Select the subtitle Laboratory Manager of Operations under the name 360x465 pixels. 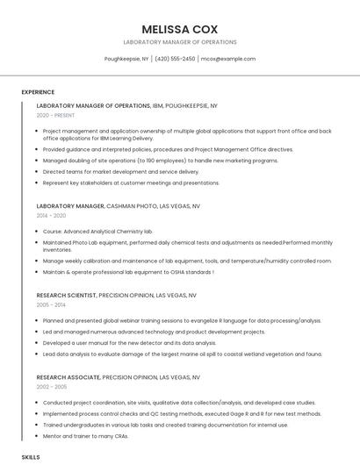click(179, 42)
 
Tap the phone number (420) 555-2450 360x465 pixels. click(175, 59)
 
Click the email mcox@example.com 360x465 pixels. click(227, 59)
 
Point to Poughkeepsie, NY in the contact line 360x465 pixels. click(126, 59)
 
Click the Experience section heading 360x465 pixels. click(38, 92)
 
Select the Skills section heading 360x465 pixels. click(31, 457)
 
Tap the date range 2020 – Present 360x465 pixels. click(56, 115)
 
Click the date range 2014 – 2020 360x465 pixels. click(51, 215)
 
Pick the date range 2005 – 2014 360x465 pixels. click(51, 305)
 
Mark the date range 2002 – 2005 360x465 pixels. click(51, 386)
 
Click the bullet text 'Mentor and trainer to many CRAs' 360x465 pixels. click(87, 434)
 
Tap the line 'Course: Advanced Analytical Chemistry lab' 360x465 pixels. click(97, 231)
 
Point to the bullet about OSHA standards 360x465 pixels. click(128, 272)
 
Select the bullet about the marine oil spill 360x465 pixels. click(182, 354)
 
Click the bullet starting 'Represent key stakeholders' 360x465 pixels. click(131, 182)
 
